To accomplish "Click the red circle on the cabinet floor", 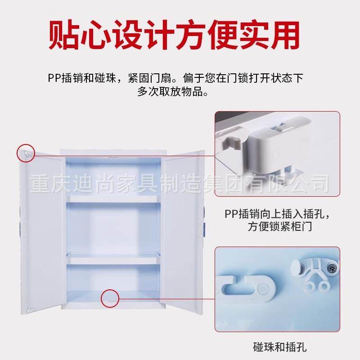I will click(110, 298).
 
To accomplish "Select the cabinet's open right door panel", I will click(183, 229).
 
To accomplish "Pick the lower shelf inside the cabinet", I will click(113, 259).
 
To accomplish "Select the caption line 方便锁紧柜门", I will click(280, 227).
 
